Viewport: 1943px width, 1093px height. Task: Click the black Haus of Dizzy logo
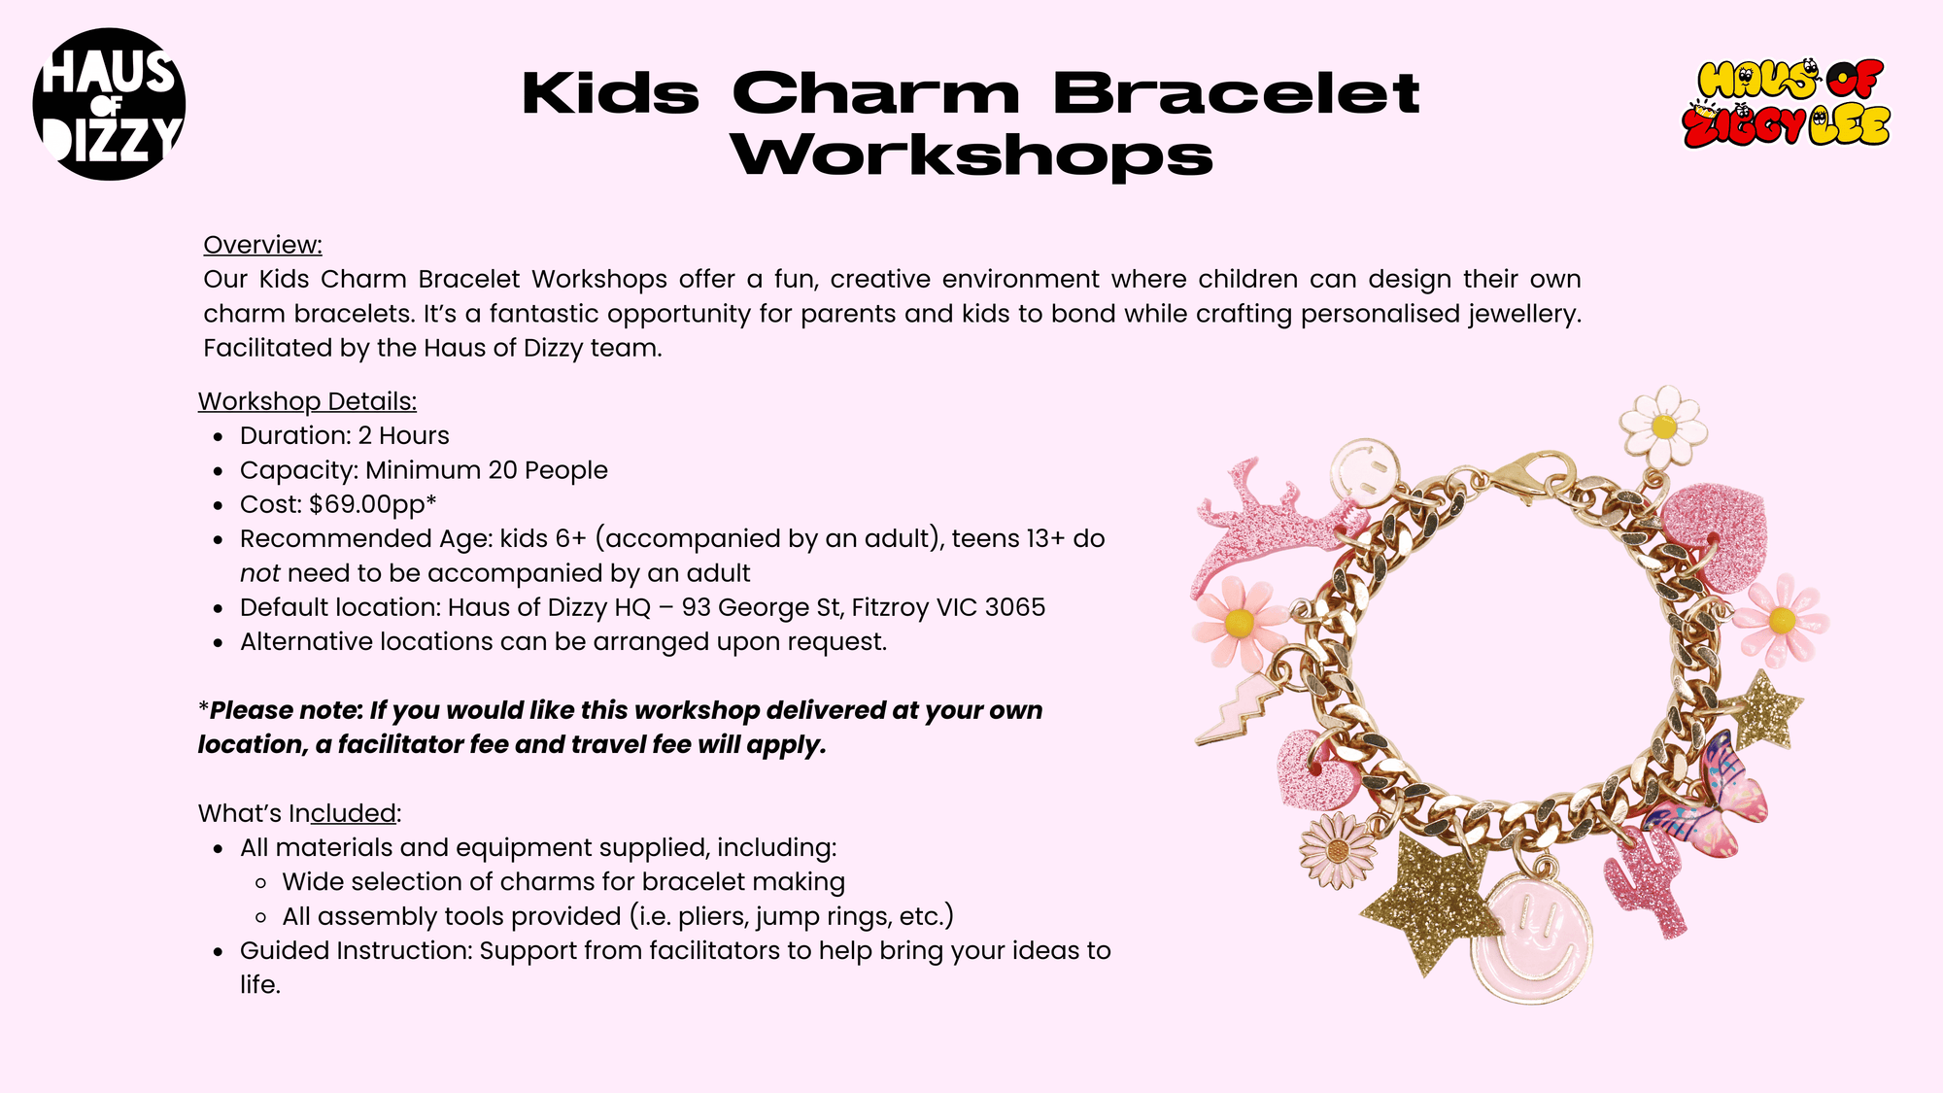(109, 104)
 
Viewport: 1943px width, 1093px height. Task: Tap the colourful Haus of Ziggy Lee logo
(1787, 104)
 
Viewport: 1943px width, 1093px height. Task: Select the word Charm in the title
(876, 93)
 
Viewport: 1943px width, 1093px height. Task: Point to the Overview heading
(262, 245)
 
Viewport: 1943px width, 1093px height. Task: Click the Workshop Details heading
(307, 401)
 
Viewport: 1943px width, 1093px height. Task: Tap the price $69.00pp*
(373, 504)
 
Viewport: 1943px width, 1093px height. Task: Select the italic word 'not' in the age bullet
(260, 573)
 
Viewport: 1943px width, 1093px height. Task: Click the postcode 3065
(1015, 607)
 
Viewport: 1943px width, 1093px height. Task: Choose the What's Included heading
(299, 813)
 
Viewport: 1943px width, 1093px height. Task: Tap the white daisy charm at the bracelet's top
(1663, 426)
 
